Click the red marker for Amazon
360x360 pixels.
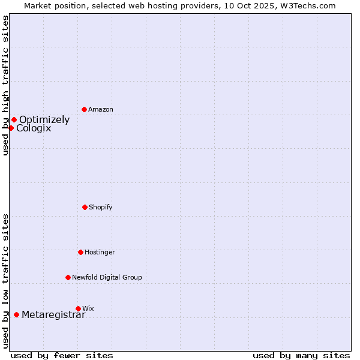pos(84,109)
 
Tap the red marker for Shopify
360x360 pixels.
pos(85,207)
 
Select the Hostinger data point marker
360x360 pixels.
pos(80,252)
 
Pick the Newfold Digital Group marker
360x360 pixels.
pos(68,277)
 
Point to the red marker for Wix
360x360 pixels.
pos(78,308)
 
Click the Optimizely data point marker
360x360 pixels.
pos(14,119)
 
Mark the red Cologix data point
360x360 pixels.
pos(11,128)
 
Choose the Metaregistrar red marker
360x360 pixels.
pos(16,314)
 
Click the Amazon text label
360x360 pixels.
pos(101,109)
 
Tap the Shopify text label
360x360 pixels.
pos(101,207)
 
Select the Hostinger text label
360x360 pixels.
pos(100,252)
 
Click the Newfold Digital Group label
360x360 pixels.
pos(107,277)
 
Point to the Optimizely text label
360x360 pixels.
pos(44,119)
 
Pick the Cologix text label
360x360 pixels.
pos(34,128)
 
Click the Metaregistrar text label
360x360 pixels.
pos(53,314)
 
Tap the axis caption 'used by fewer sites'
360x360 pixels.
pos(62,355)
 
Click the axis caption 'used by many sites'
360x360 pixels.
pos(301,355)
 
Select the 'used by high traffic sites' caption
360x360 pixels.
pos(5,86)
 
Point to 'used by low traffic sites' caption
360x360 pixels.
pos(5,281)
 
